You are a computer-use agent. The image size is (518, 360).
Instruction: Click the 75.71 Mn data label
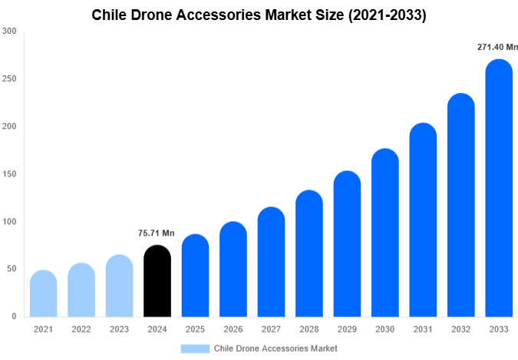tap(157, 233)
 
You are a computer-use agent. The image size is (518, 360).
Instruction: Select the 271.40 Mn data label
tap(496, 48)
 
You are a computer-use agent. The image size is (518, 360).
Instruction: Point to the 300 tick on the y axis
tap(9, 31)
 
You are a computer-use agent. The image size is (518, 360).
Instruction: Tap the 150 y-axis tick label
tap(9, 174)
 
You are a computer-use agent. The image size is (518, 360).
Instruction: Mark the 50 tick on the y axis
tap(12, 269)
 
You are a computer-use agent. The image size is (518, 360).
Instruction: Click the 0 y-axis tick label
tap(14, 317)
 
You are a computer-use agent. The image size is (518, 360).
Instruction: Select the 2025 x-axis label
tap(195, 329)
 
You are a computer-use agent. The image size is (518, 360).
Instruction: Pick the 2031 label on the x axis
tap(423, 329)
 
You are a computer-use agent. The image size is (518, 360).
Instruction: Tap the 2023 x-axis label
tap(119, 329)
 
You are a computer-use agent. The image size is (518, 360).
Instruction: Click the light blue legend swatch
tap(195, 348)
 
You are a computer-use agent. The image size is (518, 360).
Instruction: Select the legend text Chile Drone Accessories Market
tap(275, 348)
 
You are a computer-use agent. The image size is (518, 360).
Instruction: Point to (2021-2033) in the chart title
tap(386, 15)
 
